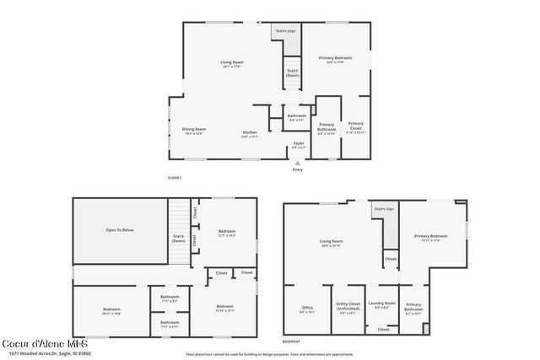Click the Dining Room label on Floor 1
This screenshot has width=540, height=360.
pyautogui.click(x=195, y=130)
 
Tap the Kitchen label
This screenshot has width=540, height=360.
pyautogui.click(x=250, y=133)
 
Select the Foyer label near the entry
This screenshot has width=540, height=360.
pyautogui.click(x=299, y=144)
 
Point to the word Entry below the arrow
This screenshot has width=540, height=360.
pyautogui.click(x=297, y=170)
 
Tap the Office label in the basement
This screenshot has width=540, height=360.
pyautogui.click(x=307, y=309)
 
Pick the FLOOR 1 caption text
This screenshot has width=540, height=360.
pyautogui.click(x=175, y=178)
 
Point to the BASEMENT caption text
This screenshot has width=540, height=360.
pyautogui.click(x=291, y=341)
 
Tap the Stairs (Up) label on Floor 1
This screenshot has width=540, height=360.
pyautogui.click(x=285, y=30)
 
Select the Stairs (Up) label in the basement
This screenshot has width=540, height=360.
pyautogui.click(x=385, y=208)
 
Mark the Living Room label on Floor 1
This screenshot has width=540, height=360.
pyautogui.click(x=232, y=64)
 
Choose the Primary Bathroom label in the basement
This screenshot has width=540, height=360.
pyautogui.click(x=413, y=308)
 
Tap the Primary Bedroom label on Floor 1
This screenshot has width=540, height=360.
pyautogui.click(x=335, y=59)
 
